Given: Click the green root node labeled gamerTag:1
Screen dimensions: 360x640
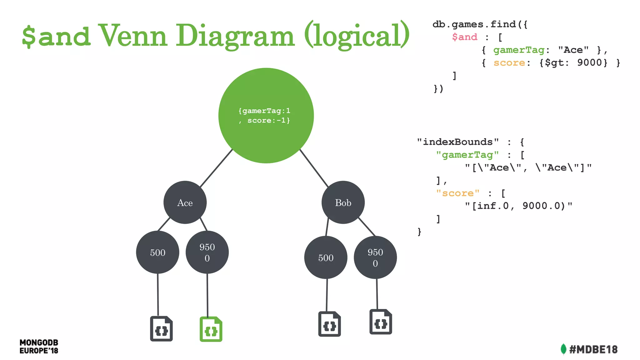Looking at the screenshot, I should click(x=266, y=115).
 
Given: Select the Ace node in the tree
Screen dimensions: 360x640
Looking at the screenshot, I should click(x=185, y=202).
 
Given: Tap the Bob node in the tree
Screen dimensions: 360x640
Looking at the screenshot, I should click(x=343, y=202).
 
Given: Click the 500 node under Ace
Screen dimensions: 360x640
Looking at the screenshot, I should click(x=157, y=252).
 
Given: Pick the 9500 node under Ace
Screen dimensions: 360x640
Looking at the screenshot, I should click(x=207, y=252).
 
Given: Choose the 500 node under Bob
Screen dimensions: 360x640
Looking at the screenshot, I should click(x=326, y=257).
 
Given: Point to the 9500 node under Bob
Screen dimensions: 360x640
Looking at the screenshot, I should click(x=375, y=257).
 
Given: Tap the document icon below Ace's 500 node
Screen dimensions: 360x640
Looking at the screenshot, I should click(x=161, y=329).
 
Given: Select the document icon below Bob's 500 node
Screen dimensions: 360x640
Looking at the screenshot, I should click(x=329, y=324).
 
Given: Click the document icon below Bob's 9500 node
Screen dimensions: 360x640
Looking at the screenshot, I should click(x=381, y=322).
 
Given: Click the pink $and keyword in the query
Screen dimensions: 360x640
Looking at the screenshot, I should click(x=464, y=37).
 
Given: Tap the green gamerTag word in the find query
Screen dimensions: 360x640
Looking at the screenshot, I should click(x=518, y=50).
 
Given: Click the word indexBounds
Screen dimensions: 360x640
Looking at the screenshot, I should click(x=457, y=142).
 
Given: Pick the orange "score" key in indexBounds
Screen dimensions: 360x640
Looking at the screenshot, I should click(x=457, y=193).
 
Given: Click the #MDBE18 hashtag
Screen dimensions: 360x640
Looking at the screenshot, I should click(x=593, y=349).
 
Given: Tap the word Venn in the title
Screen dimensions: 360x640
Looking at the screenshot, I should click(x=133, y=36).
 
